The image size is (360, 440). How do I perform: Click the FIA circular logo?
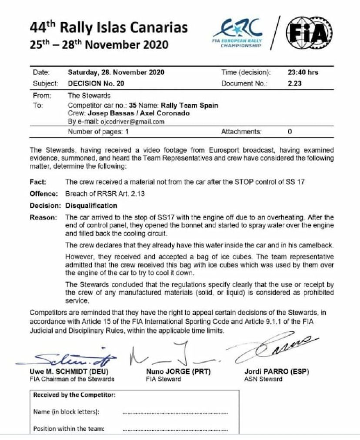310,33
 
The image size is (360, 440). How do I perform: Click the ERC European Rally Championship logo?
239,33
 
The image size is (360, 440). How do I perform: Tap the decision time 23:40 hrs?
303,72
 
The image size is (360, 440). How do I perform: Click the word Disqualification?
91,205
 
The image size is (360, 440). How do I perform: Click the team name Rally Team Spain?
190,105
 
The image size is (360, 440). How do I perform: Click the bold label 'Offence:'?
43,193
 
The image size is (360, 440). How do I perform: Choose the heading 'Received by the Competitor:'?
75,395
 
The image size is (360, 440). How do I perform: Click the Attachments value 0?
290,131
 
